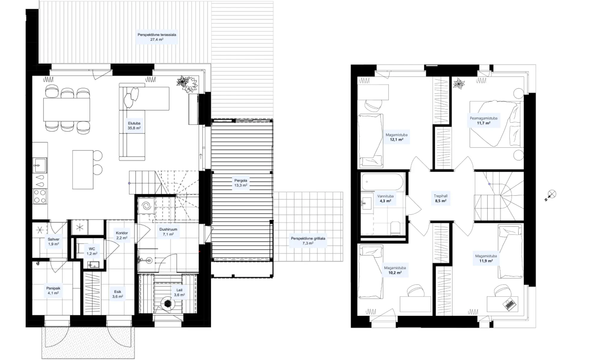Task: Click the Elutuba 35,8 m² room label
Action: coord(134,126)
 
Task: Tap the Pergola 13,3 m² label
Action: coord(241,183)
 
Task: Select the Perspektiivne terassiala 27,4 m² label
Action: coord(157,37)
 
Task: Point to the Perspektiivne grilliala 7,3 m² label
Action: coord(308,241)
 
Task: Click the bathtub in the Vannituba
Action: coord(382,182)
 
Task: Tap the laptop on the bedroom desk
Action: coord(509,304)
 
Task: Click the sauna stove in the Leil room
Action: coord(167,304)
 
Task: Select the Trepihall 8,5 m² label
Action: coord(441,198)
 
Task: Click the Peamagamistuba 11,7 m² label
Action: coord(484,121)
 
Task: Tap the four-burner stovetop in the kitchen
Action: coord(40,196)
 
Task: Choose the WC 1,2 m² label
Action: coord(92,251)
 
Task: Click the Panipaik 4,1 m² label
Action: coord(53,290)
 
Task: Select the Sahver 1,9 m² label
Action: coord(53,242)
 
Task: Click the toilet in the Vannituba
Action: coord(395,228)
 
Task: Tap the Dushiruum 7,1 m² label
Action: coord(168,231)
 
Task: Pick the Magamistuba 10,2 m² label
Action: coord(395,270)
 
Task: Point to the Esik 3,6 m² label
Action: coord(117,294)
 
